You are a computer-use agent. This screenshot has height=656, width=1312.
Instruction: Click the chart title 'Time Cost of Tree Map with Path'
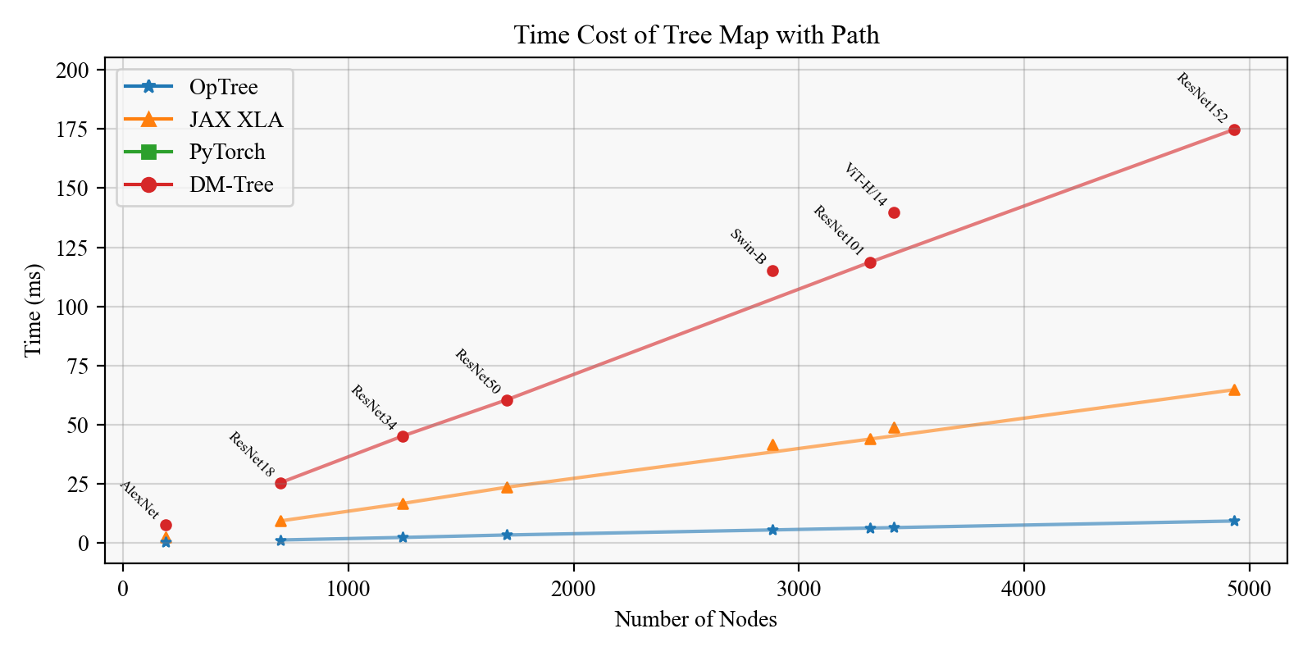pos(696,35)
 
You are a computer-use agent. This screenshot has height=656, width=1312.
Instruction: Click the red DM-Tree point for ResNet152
pos(1234,130)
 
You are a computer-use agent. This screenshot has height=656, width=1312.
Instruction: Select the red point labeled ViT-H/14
pos(894,212)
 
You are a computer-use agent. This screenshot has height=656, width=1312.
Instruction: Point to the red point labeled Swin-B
pos(772,271)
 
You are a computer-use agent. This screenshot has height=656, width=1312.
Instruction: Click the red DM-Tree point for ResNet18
pos(280,483)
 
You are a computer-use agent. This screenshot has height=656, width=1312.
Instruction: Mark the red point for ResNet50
pos(507,400)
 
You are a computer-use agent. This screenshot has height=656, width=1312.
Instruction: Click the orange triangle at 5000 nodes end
pos(1234,389)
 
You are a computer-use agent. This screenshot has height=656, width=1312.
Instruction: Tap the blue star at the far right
pos(1234,521)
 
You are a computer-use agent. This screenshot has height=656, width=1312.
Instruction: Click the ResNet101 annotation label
pos(838,230)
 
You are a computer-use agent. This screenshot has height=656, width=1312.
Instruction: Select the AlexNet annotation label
pos(139,499)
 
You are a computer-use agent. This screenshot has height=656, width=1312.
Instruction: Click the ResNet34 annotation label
pos(373,408)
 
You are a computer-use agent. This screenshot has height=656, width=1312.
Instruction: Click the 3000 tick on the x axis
pos(799,589)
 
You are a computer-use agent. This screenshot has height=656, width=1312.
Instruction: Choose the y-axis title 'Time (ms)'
pos(33,310)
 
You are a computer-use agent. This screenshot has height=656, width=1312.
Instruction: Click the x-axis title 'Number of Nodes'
pos(696,620)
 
